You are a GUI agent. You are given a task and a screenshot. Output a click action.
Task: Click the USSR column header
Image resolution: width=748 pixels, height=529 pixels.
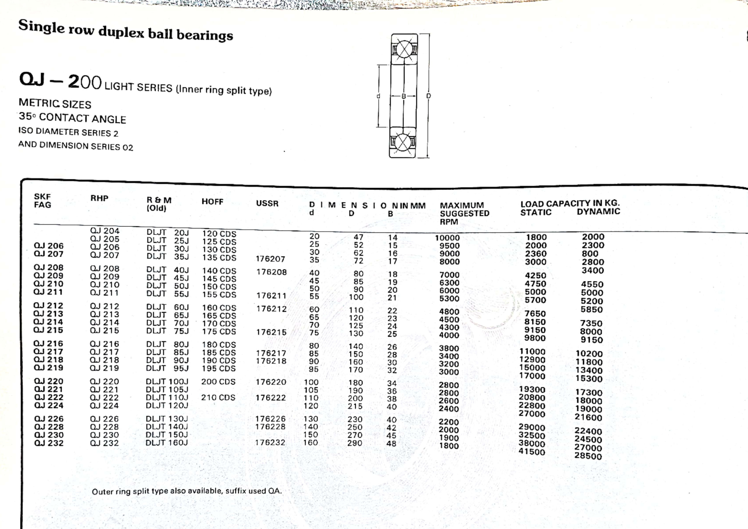point(267,204)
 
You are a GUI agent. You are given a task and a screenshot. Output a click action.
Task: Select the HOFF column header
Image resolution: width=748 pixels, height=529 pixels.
point(212,202)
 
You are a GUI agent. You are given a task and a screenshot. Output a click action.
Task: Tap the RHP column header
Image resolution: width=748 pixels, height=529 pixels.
point(99,198)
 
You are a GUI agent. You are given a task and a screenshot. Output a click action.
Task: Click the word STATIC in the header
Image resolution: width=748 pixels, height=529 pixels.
point(536,212)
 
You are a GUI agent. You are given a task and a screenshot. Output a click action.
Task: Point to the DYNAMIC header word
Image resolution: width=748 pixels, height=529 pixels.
point(598,212)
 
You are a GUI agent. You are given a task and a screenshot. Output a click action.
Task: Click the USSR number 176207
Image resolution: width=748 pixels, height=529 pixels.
point(270,259)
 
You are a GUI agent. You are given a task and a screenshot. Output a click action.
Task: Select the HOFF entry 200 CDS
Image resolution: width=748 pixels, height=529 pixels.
point(218,382)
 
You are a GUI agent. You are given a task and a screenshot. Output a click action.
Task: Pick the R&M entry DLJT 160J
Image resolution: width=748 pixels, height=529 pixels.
point(166,443)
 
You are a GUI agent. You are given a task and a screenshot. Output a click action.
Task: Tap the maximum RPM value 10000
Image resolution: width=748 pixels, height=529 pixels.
point(447,238)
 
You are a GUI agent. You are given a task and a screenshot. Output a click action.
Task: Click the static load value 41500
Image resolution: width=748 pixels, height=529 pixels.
point(531,452)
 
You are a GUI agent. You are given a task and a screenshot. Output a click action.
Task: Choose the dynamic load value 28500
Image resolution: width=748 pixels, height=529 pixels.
point(588,456)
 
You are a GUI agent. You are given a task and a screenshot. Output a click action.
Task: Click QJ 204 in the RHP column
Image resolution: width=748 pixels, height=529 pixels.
point(104,231)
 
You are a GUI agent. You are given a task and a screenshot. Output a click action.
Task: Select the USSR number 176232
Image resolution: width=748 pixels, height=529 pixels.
point(270,443)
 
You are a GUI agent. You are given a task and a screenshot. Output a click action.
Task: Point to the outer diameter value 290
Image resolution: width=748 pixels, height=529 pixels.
point(355,443)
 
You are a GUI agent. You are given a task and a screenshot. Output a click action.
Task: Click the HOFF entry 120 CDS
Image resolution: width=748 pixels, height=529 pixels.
point(219,234)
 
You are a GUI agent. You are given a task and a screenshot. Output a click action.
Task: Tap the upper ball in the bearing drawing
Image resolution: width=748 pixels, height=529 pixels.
point(404,50)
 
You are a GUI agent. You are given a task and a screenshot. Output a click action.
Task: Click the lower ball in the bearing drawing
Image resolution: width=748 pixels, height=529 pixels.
point(402,142)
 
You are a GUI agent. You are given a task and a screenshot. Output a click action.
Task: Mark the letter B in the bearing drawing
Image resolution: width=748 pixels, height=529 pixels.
point(404,96)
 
